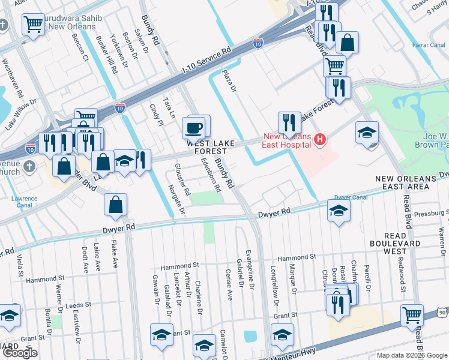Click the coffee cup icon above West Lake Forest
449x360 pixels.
pos(194,128)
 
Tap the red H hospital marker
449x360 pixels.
pos(319,140)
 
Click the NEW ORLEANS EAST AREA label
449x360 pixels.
pos(411,183)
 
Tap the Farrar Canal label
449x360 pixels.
pos(427,45)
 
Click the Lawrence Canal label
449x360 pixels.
pos(24,202)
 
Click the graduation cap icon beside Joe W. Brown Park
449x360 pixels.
pos(367,133)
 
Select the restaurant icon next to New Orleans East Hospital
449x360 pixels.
pos(289,123)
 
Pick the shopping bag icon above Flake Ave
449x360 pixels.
pos(115,205)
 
